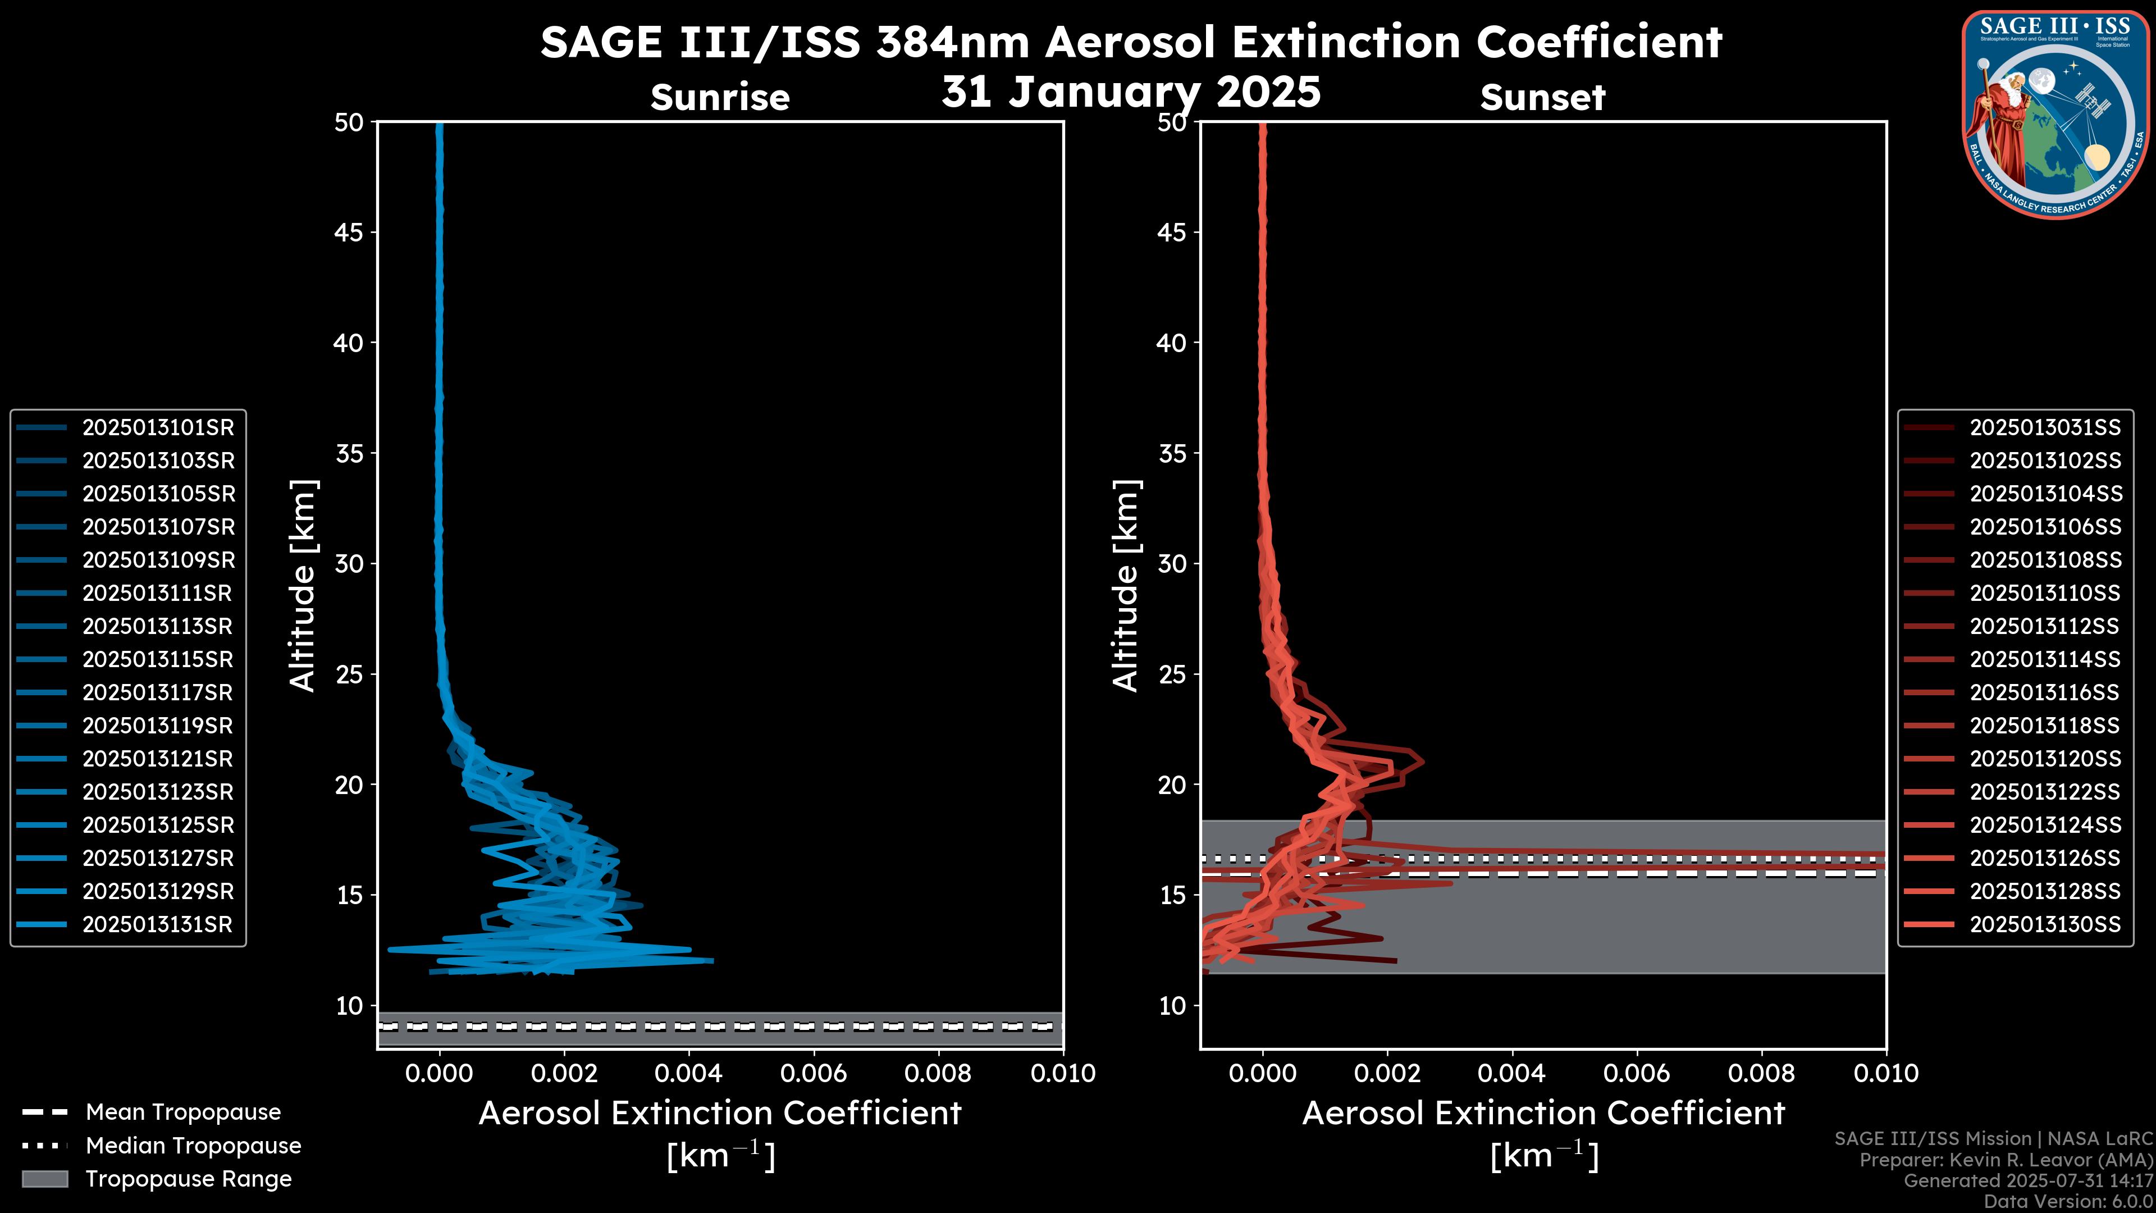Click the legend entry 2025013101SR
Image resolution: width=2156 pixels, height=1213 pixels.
[157, 428]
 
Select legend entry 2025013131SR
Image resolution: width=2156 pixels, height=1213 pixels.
[157, 925]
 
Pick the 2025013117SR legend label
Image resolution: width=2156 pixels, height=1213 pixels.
[157, 693]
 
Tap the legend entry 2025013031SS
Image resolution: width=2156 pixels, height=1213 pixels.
[2045, 428]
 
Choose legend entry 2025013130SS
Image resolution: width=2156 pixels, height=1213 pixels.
[2045, 925]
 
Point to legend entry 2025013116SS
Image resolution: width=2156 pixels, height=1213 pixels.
[2045, 693]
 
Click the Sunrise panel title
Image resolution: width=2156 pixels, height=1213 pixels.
[720, 98]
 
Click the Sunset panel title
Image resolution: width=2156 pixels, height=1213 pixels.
[1542, 98]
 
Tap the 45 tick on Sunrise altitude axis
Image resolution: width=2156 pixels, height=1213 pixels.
[349, 232]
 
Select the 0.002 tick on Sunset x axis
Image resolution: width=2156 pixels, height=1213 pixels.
[1387, 1073]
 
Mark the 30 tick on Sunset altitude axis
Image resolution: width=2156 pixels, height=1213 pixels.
[1172, 563]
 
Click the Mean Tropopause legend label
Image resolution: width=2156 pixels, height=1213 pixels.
[182, 1112]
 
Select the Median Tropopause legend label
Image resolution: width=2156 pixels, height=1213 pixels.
[193, 1146]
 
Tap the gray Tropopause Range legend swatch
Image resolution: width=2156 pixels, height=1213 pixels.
[44, 1179]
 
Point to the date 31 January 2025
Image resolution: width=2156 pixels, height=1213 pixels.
[1131, 92]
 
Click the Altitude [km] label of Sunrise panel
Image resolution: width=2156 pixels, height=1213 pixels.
[302, 585]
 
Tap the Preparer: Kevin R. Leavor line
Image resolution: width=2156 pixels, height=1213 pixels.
[2006, 1160]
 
